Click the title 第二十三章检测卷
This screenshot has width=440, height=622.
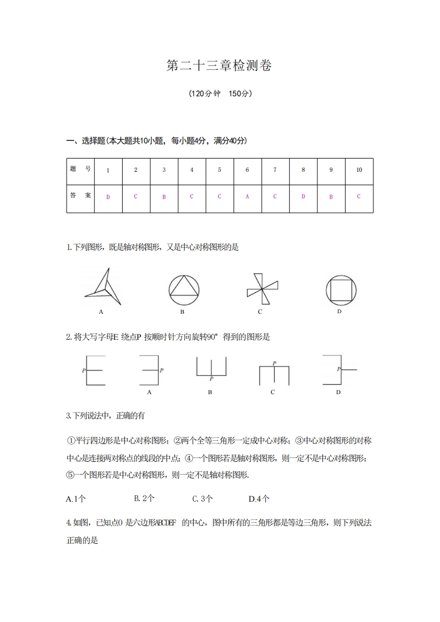220,66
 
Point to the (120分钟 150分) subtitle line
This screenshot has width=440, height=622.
220,94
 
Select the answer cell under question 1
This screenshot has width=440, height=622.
108,197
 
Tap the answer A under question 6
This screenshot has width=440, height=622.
247,197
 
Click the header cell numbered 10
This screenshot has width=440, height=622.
359,170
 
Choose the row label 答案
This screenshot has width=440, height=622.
80,196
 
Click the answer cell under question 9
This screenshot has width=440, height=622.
331,197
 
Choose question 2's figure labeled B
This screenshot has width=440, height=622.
211,368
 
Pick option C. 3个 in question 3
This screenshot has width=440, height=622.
203,499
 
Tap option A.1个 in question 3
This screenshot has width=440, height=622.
76,499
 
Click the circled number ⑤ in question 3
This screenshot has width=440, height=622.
70,475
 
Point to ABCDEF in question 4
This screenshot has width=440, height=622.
165,522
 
